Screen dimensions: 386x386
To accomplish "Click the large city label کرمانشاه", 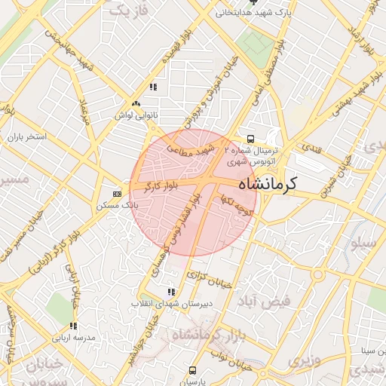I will [x=268, y=183].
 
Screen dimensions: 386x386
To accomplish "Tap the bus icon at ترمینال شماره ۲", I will [x=250, y=139].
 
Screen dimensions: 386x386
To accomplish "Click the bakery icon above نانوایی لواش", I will [x=136, y=103].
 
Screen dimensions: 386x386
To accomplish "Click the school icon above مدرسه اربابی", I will [x=73, y=326].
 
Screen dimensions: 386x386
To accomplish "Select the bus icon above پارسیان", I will [x=192, y=370].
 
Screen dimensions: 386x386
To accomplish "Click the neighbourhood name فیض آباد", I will [x=268, y=302].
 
